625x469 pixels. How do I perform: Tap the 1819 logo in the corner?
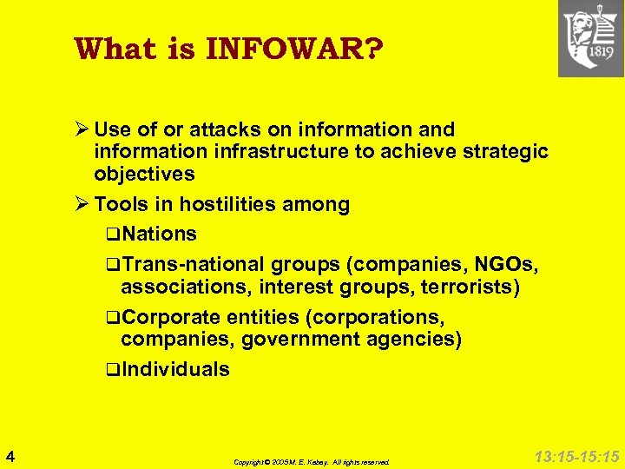pos(591,39)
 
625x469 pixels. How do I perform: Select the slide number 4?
pos(9,455)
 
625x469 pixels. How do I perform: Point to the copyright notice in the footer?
pos(312,462)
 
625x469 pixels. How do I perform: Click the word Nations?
pos(160,234)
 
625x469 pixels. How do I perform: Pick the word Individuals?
pos(175,369)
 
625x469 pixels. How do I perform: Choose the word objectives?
pos(144,174)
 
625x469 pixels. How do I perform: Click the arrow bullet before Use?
pos(82,129)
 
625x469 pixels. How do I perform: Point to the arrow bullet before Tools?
pos(82,205)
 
